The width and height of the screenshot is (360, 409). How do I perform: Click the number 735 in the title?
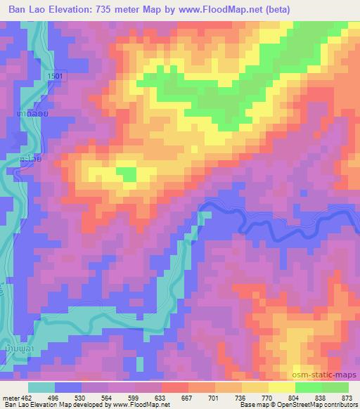[x=124, y=8]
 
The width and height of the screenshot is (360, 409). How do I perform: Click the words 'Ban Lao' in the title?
[x=23, y=8]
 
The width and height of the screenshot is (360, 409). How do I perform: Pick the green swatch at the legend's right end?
[x=334, y=388]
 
